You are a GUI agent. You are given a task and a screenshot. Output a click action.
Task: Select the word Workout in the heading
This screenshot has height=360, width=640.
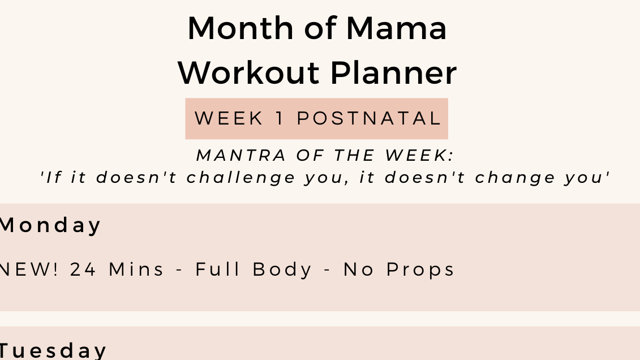[249, 73]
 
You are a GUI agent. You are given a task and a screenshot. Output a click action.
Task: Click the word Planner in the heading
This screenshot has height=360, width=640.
[393, 73]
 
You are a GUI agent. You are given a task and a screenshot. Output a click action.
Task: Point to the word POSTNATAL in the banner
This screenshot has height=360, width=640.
[369, 119]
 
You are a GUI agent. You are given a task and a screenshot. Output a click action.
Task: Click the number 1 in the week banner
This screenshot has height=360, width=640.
[280, 119]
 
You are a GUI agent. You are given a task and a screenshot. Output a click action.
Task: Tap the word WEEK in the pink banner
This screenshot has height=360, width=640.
[229, 119]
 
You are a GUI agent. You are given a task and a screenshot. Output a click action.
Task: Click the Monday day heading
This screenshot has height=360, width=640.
[50, 225]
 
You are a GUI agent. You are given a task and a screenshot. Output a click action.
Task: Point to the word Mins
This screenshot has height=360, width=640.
[136, 269]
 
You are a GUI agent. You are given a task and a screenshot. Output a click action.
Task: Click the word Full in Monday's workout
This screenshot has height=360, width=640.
[216, 269]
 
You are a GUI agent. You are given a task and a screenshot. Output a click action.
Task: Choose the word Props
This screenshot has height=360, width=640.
[421, 269]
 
